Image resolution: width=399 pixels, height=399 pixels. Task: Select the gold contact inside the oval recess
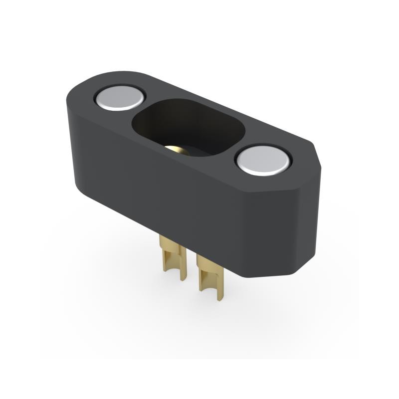point(176,149)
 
